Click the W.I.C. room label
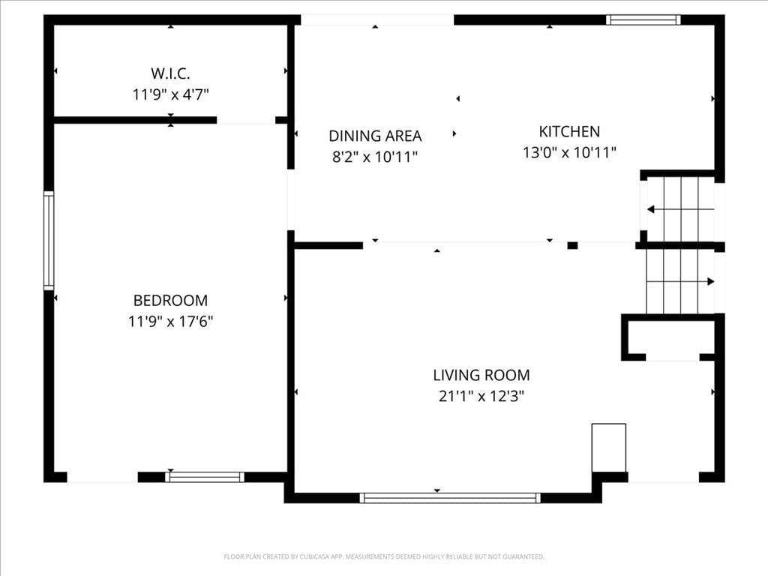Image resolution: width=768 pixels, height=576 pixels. pyautogui.click(x=170, y=73)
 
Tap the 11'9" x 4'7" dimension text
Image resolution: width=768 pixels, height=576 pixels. pyautogui.click(x=170, y=94)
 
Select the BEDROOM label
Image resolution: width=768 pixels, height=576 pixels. pyautogui.click(x=170, y=300)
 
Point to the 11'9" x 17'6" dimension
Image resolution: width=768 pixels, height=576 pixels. pyautogui.click(x=170, y=321)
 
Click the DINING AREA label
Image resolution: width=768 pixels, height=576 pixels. pyautogui.click(x=375, y=136)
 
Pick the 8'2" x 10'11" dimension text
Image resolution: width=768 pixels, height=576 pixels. pyautogui.click(x=375, y=157)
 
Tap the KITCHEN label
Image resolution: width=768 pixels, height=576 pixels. pyautogui.click(x=569, y=131)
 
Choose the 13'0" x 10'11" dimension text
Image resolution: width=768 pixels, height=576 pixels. pyautogui.click(x=569, y=152)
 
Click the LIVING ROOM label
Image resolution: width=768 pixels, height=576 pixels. pyautogui.click(x=481, y=375)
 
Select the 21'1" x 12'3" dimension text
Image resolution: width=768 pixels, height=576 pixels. pyautogui.click(x=481, y=396)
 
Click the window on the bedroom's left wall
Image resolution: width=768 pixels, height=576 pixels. pyautogui.click(x=49, y=240)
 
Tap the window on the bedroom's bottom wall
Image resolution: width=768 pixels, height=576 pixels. pyautogui.click(x=204, y=477)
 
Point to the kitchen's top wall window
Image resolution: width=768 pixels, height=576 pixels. pyautogui.click(x=643, y=19)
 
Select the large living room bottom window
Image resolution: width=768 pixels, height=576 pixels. pyautogui.click(x=450, y=498)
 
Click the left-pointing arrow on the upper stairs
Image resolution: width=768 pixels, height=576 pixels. pyautogui.click(x=680, y=210)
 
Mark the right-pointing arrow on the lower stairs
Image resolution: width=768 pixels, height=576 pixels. pyautogui.click(x=680, y=282)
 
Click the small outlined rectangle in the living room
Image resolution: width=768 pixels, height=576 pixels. pyautogui.click(x=609, y=448)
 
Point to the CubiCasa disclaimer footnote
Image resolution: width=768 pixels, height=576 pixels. pyautogui.click(x=384, y=556)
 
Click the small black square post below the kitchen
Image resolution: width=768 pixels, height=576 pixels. pyautogui.click(x=572, y=245)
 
